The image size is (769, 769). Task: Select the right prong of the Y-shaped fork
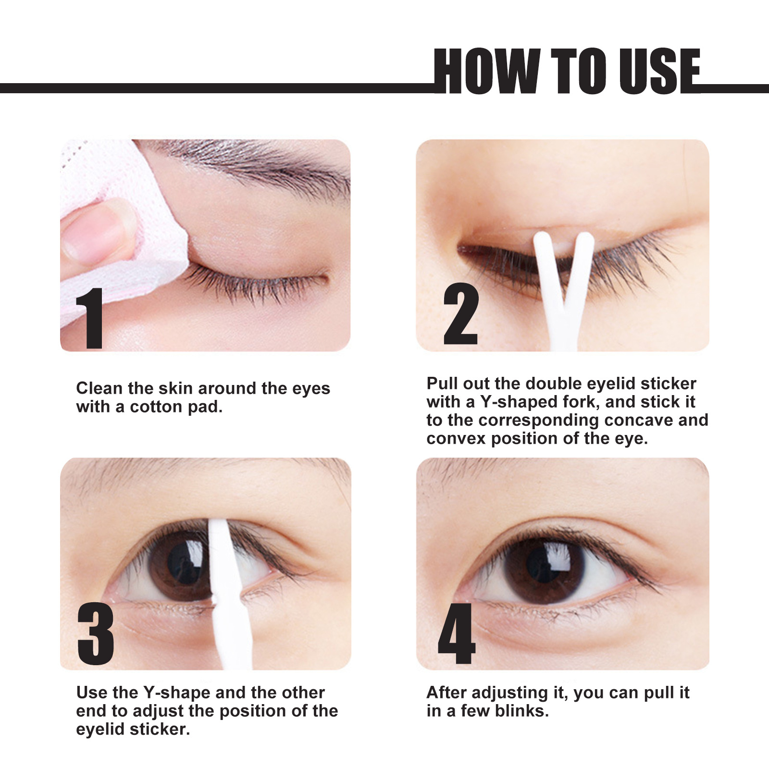[582, 264]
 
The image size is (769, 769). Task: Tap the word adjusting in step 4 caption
[510, 693]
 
